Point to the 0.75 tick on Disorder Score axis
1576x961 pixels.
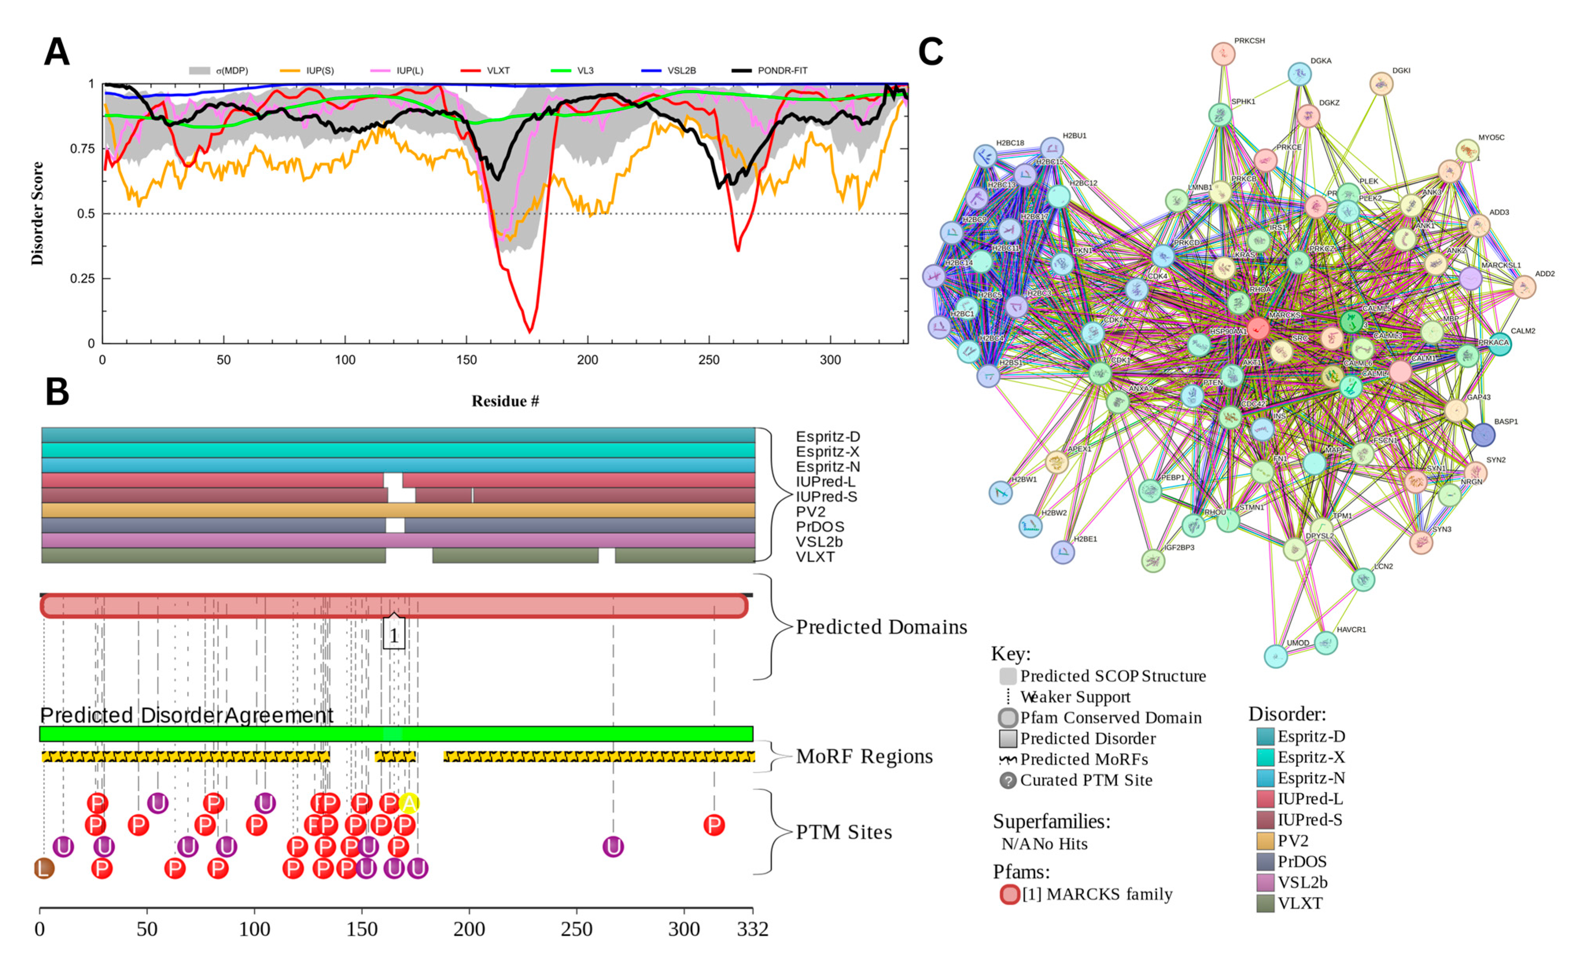tap(81, 149)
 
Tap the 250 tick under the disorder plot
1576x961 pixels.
tap(709, 359)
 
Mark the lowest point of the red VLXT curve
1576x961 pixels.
tap(530, 331)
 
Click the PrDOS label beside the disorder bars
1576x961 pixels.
tap(819, 527)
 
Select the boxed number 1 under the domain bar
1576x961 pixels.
tap(394, 635)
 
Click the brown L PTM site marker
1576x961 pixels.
tap(44, 868)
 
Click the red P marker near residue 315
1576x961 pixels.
tap(714, 825)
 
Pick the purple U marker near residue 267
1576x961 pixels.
tap(613, 847)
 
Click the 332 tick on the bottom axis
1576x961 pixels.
tap(752, 929)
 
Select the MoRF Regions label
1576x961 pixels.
tap(863, 756)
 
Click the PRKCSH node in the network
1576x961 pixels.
tap(1223, 54)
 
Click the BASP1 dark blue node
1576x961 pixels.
tap(1483, 435)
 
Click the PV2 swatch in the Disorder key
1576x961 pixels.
tap(1265, 841)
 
